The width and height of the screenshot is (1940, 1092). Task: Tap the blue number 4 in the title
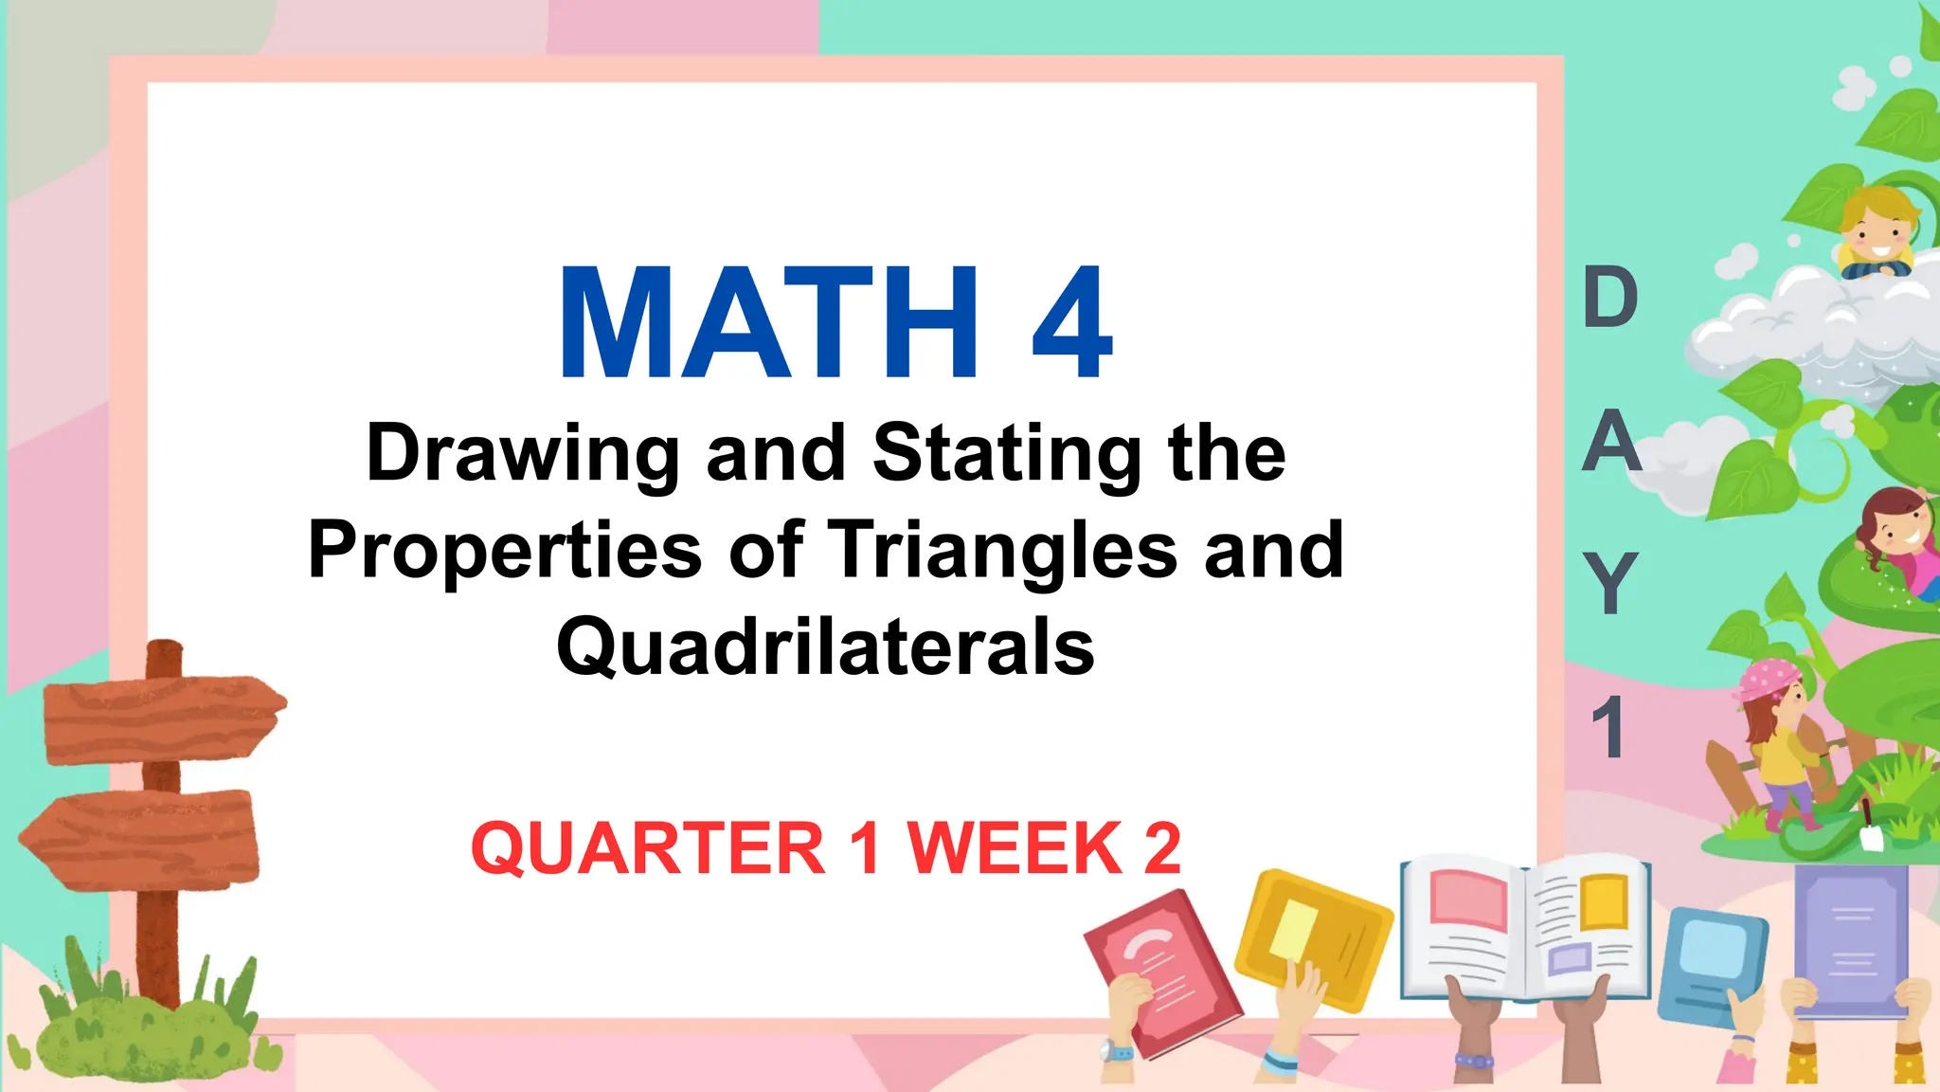pos(1071,324)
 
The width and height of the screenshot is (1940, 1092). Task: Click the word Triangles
pos(1003,551)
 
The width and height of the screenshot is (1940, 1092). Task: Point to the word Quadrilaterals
pos(825,647)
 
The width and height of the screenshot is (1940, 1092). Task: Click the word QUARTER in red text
pos(648,848)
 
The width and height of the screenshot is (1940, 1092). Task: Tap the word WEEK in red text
pos(1015,848)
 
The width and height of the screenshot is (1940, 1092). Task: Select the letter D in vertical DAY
pos(1610,299)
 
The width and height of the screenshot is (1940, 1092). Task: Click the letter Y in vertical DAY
pos(1610,583)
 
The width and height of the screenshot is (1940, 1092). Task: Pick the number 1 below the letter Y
pos(1608,727)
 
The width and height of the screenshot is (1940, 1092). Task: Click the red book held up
pos(1163,972)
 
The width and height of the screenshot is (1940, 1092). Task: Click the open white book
pos(1525,929)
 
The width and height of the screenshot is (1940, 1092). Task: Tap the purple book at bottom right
pos(1851,938)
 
